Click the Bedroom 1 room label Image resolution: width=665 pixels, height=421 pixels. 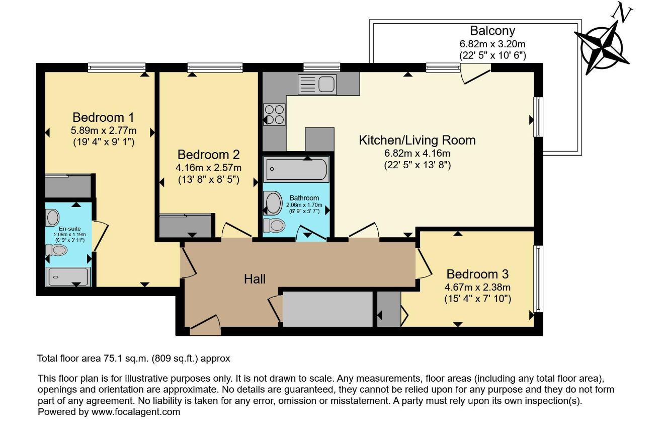coord(103,118)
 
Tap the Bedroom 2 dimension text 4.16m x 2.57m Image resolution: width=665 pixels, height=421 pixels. coord(208,168)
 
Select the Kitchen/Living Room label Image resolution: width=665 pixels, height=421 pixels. coord(417,140)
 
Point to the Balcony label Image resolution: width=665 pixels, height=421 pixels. coord(492,31)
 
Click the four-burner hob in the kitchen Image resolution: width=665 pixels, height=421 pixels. coord(274,115)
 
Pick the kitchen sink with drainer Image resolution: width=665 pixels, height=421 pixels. coord(317,85)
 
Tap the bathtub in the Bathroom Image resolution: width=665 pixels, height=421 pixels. coord(296,169)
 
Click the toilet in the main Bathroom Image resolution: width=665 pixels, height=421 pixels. coord(274,225)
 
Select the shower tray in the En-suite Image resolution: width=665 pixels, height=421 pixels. coord(68,277)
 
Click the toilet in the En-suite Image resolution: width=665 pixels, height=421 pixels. coord(56,250)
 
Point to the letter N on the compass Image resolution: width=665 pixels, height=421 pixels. coord(621,14)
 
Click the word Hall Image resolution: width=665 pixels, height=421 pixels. coord(255,279)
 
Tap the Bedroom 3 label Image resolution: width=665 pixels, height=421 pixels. coord(478,274)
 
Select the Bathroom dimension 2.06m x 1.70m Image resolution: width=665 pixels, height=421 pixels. coord(304,205)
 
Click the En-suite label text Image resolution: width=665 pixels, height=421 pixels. coord(70,229)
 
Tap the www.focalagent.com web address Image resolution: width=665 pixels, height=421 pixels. coord(136,412)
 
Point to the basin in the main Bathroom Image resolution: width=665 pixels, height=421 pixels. coord(274,203)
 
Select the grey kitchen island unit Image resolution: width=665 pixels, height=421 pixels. coord(320,139)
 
